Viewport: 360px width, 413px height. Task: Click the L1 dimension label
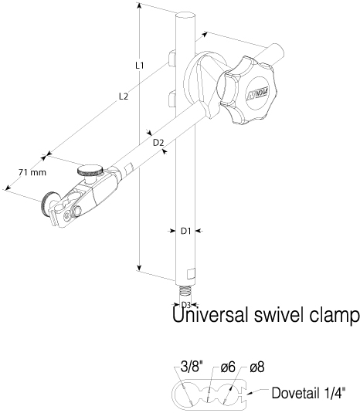[x=140, y=66]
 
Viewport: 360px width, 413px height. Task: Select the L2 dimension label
[x=124, y=96]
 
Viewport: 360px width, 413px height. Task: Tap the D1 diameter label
[x=185, y=231]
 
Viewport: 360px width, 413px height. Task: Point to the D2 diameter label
[x=158, y=143]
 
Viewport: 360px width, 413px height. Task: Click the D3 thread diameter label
[x=186, y=305]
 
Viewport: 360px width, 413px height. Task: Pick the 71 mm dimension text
[x=32, y=172]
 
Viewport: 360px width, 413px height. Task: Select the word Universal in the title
[x=210, y=314]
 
